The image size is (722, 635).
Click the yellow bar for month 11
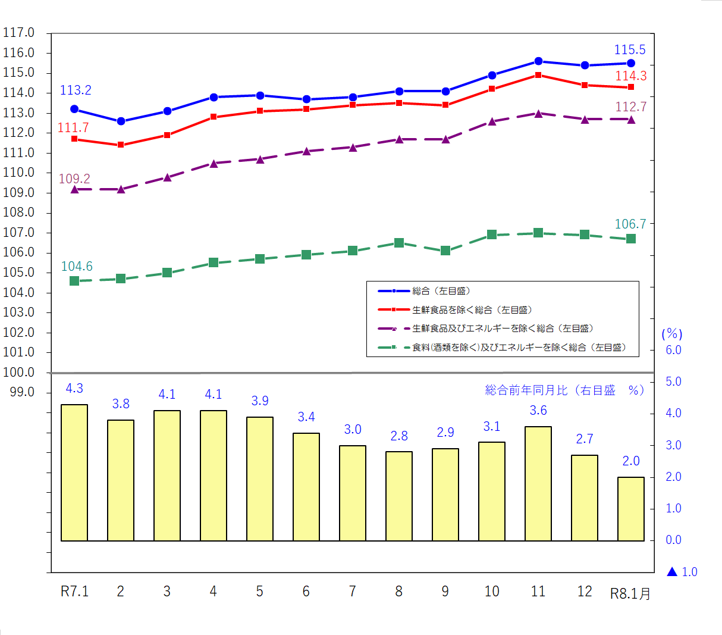(x=538, y=483)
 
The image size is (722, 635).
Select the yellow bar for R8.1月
(x=630, y=509)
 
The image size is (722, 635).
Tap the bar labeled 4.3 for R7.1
(x=74, y=473)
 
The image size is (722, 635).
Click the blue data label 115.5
(x=629, y=50)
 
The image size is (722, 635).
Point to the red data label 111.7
(x=73, y=127)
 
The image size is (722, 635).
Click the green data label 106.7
(x=630, y=224)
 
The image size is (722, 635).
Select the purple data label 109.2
(x=74, y=179)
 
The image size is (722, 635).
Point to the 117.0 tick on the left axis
(x=18, y=33)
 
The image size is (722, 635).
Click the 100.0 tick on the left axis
(x=18, y=372)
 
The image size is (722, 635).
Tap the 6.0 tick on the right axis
(x=673, y=350)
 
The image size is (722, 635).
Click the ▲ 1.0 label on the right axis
(x=682, y=572)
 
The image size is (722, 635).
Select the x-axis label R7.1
(x=74, y=591)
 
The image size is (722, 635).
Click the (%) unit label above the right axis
(x=672, y=334)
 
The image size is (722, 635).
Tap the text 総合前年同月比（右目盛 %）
(x=564, y=390)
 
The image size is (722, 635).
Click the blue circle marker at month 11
(x=538, y=61)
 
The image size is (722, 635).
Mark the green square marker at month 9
(x=445, y=251)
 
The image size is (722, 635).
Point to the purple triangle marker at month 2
(x=121, y=189)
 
